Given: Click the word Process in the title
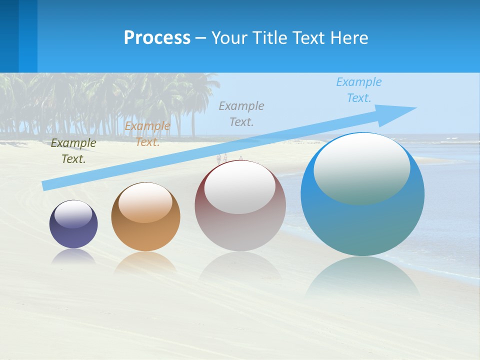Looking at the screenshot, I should point(157,37).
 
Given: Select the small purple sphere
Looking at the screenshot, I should point(73,232).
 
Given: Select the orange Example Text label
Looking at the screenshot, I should point(147,134).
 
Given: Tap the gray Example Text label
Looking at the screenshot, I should point(241,113).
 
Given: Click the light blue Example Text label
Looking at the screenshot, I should point(358,89).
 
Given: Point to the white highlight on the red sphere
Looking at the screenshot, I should point(240,187).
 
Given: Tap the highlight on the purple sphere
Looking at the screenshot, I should point(73,214).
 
